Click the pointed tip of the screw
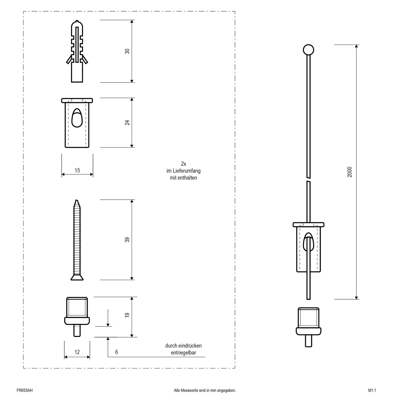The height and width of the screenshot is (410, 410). [x=76, y=200]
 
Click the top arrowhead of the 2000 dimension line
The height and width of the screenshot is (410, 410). [x=356, y=47]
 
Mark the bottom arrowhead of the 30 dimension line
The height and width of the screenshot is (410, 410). [x=132, y=81]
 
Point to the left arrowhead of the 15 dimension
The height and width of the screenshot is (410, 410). [x=63, y=174]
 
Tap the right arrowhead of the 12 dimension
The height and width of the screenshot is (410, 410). [x=88, y=357]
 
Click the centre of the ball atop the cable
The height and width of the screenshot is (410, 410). [x=308, y=50]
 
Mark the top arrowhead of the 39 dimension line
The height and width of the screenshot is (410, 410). [x=132, y=201]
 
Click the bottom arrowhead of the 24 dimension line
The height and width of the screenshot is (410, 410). [x=132, y=146]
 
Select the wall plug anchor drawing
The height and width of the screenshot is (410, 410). [x=77, y=51]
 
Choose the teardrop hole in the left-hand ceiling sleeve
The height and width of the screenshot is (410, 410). [x=77, y=118]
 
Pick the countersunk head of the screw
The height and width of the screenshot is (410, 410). [x=77, y=277]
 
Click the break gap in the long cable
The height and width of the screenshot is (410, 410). [x=309, y=179]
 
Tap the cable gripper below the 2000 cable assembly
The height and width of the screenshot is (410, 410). [x=309, y=327]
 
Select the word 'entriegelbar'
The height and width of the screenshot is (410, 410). [x=183, y=353]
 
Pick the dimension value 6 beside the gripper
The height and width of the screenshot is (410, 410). [x=117, y=352]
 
